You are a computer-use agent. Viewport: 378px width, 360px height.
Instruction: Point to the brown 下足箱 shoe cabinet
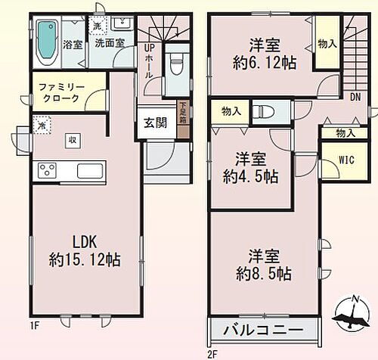pyautogui.click(x=182, y=119)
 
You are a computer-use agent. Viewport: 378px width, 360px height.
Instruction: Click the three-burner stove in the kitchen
pyautogui.click(x=44, y=170)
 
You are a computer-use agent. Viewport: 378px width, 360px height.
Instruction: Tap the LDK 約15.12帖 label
pyautogui.click(x=85, y=252)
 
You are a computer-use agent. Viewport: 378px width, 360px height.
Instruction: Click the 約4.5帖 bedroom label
pyautogui.click(x=249, y=168)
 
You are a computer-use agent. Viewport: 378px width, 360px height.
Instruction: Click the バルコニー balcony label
pyautogui.click(x=265, y=331)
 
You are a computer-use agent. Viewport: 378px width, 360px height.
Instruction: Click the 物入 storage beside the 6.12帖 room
pyautogui.click(x=327, y=44)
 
